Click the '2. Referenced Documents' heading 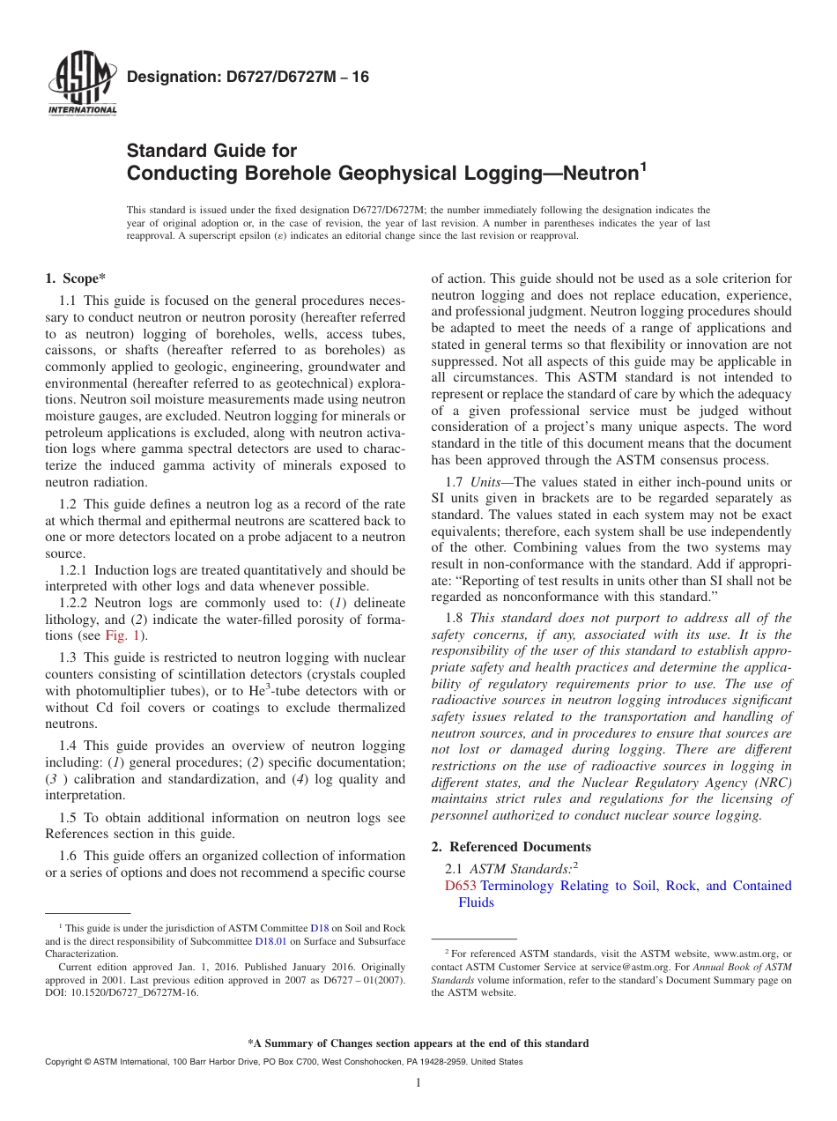[x=511, y=847]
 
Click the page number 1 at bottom [x=418, y=1083]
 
